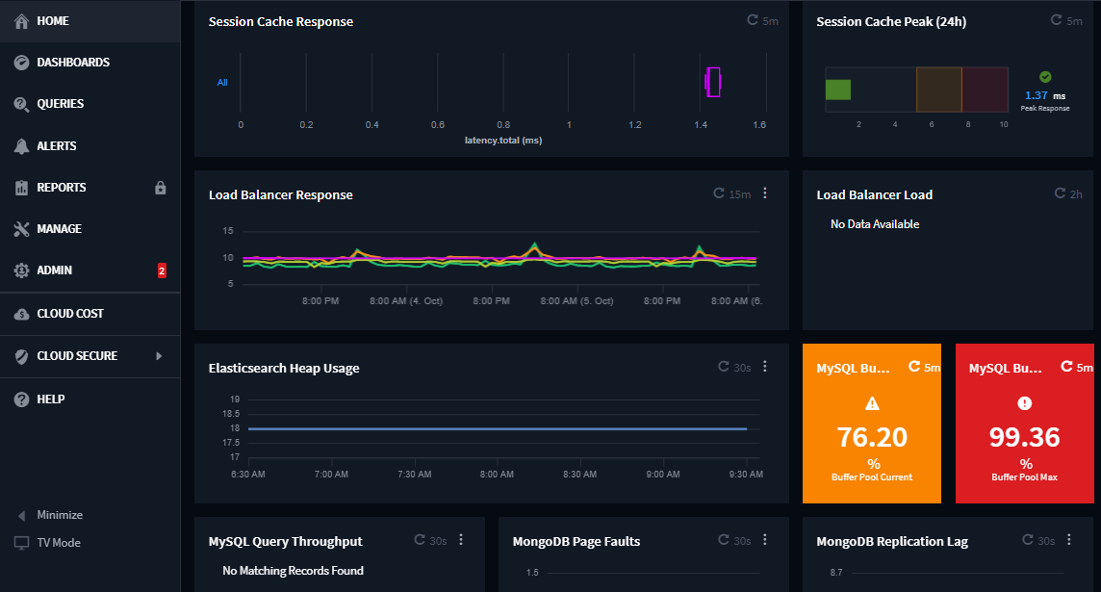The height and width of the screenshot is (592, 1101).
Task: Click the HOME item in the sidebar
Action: coord(53,20)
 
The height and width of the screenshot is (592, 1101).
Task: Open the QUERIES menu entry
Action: coord(60,104)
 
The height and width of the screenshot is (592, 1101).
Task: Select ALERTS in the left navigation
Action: coord(56,146)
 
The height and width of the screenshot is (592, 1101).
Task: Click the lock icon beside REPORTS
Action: coord(161,188)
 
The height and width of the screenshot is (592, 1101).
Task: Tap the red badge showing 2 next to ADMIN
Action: coord(162,271)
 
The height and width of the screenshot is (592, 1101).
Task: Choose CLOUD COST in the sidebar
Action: coord(69,314)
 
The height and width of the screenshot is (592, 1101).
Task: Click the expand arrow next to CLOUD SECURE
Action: coord(160,356)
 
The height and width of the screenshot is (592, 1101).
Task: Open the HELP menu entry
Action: coord(50,399)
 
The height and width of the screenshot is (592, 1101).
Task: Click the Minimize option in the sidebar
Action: coord(59,515)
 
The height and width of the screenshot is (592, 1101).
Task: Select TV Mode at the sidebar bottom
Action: coord(58,543)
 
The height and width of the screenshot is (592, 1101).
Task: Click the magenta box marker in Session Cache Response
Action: coord(713,83)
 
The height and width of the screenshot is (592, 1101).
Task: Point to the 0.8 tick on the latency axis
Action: coord(503,125)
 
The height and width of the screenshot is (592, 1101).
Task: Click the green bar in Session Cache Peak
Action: coord(838,90)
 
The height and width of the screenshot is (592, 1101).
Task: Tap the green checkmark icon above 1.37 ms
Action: coord(1045,77)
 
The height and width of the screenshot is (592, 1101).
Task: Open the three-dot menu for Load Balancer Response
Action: coord(765,193)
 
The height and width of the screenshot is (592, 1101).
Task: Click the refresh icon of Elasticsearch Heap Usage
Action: coord(724,367)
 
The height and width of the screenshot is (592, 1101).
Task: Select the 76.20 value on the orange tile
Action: coord(872,437)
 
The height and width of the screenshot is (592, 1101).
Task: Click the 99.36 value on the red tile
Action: coord(1024,437)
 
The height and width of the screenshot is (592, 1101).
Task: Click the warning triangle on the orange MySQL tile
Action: coord(873,403)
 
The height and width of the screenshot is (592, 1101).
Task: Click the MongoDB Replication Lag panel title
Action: coord(892,542)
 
